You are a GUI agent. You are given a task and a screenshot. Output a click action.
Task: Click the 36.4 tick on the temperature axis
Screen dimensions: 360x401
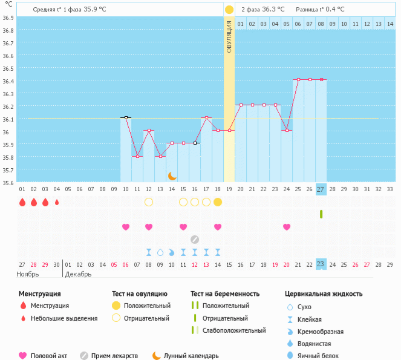coord(8,81)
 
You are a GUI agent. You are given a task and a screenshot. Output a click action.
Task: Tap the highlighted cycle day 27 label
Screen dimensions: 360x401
coord(321,189)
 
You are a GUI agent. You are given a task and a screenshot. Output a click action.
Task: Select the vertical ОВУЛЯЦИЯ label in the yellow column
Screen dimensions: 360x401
coord(229,36)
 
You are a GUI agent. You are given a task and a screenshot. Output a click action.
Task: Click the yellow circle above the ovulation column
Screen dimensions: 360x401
coord(229,10)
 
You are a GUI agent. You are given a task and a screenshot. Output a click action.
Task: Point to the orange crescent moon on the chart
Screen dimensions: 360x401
coord(172,175)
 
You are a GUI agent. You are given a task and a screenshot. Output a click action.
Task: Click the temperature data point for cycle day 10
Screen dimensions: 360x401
coord(126,117)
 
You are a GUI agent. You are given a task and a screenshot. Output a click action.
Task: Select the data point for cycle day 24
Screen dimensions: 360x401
coord(287,130)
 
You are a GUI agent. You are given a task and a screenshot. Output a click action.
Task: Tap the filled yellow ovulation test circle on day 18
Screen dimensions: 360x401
coord(218,201)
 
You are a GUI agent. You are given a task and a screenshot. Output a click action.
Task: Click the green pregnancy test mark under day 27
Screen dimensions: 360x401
coord(321,214)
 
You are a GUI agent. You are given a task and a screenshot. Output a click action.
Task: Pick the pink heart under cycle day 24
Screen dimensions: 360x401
coord(287,227)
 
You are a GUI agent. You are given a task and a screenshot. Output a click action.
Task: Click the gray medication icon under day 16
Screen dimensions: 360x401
coord(195,239)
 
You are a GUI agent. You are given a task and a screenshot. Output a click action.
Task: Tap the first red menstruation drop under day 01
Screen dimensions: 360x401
coord(22,202)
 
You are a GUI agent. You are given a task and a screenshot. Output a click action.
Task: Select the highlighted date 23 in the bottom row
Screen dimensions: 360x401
coord(321,264)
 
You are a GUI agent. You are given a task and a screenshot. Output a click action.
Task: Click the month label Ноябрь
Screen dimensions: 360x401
coord(28,275)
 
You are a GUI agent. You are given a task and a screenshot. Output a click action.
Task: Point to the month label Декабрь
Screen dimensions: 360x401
coord(78,275)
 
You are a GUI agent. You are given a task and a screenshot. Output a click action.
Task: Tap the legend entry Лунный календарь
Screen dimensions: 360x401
coord(186,356)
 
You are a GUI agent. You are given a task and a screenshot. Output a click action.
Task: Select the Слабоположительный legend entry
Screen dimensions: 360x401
coord(234,330)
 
